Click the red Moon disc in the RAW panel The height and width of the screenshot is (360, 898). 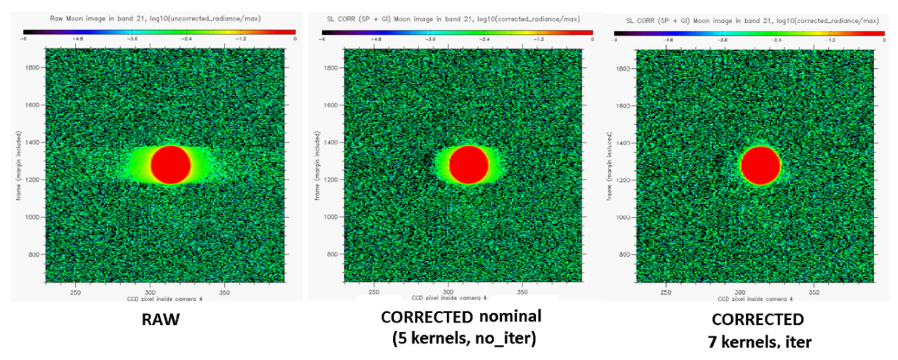(x=170, y=164)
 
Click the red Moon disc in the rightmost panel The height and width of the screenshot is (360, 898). (x=760, y=165)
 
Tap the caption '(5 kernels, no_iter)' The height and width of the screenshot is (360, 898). (x=464, y=338)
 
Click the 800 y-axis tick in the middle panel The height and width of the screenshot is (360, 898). (x=332, y=254)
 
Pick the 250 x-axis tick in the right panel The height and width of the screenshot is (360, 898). (x=665, y=292)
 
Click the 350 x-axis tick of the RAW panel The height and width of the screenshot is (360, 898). (x=224, y=293)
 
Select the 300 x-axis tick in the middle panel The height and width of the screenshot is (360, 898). (x=448, y=292)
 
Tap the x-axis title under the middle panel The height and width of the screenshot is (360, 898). (x=449, y=298)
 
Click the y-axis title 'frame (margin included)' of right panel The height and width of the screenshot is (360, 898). (x=609, y=166)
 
